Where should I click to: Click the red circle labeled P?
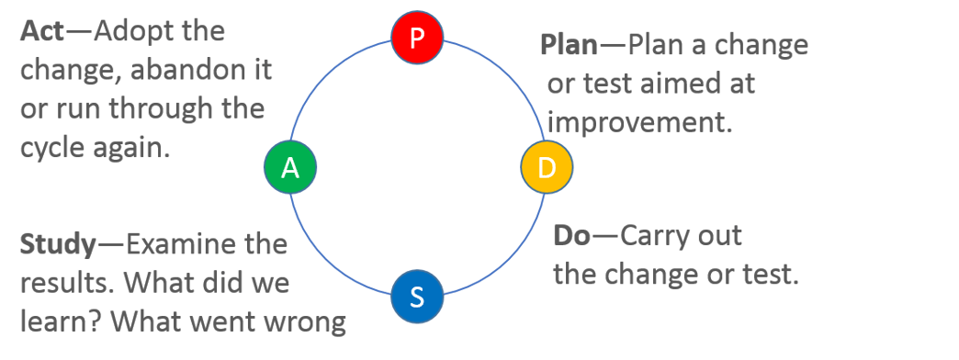[x=417, y=38]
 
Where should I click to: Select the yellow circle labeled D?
[x=547, y=167]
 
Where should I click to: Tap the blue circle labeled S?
[x=417, y=297]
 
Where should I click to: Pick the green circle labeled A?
[x=290, y=167]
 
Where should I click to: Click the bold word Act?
[x=41, y=32]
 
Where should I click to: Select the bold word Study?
[x=58, y=245]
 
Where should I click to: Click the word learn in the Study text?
[x=55, y=322]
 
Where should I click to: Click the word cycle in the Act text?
[x=52, y=148]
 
